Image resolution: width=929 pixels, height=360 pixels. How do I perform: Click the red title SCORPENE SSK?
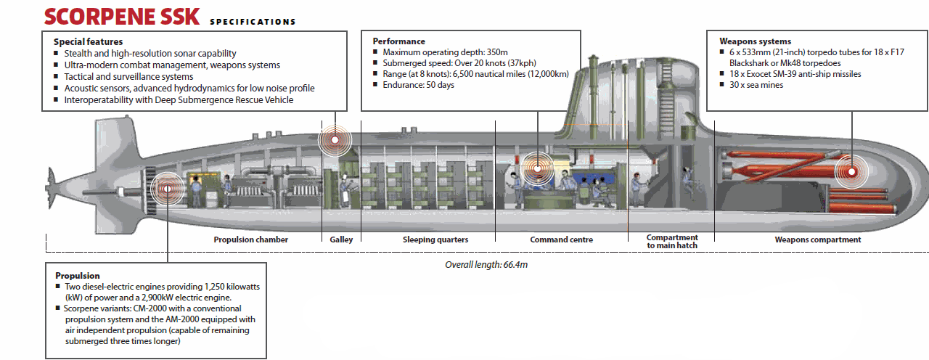coord(121,16)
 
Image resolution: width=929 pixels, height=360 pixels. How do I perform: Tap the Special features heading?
coord(88,42)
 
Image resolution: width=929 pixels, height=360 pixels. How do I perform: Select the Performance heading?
coord(398,41)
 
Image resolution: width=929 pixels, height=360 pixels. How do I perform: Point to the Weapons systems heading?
coord(755,41)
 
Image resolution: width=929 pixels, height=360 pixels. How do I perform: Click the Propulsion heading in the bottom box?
coord(77,276)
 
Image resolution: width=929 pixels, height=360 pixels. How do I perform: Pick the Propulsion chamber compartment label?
coord(250,240)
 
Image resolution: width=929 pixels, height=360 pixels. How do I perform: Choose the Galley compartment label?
coord(341,240)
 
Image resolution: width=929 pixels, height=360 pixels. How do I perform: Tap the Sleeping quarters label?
coord(435,240)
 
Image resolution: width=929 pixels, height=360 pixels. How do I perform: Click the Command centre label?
coord(561,240)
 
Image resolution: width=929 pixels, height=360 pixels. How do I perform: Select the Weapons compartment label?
coord(817,240)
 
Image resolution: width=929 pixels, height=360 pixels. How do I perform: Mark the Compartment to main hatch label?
coord(672,242)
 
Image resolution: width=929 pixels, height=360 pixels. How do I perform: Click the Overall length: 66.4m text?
coord(486,265)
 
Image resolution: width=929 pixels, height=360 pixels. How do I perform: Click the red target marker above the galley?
coord(335,139)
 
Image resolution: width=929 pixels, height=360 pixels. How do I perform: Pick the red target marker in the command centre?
coord(537,168)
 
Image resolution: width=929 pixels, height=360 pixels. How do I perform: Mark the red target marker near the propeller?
coord(167,189)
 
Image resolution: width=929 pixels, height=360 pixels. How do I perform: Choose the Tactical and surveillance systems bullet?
coord(128,76)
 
